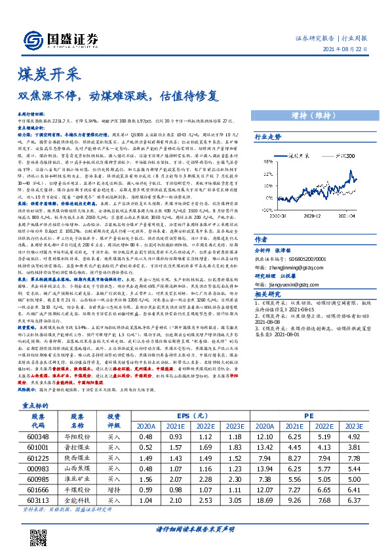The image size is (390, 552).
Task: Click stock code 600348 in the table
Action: click(x=39, y=435)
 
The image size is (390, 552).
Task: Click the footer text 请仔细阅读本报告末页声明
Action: click(x=195, y=528)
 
